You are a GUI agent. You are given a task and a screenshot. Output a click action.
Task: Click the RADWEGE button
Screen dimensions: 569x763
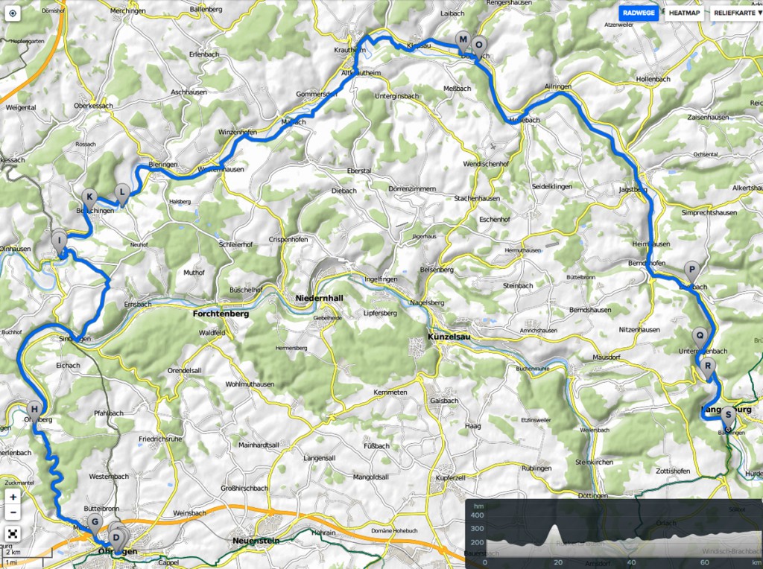click(x=639, y=13)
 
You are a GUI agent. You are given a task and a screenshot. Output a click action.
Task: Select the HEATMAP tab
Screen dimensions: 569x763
click(x=684, y=13)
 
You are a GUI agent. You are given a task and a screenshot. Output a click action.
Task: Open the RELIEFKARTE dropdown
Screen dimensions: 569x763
click(x=737, y=13)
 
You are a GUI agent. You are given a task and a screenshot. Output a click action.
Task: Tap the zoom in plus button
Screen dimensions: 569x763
click(x=13, y=497)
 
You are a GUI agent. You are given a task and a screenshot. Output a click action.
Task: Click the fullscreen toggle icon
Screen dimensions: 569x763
click(x=13, y=533)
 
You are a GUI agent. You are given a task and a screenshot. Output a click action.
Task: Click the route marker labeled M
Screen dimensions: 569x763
click(x=463, y=40)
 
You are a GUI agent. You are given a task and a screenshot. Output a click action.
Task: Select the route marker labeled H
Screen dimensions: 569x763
click(x=34, y=409)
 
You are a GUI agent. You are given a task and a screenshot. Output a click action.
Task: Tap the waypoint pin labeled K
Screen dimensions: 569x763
click(x=90, y=197)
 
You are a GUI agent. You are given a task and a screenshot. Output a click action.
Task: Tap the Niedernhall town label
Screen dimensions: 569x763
click(x=319, y=298)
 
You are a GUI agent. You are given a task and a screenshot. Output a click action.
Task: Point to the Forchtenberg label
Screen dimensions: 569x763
click(x=220, y=314)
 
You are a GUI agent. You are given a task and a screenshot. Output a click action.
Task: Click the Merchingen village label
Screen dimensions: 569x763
click(x=127, y=11)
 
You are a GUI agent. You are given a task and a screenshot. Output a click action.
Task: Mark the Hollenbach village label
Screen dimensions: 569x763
click(x=654, y=78)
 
